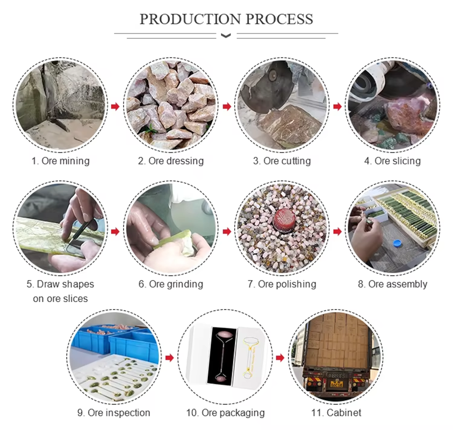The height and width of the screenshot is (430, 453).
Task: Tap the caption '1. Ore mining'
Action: (60, 161)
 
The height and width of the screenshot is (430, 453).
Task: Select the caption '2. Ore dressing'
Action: (171, 161)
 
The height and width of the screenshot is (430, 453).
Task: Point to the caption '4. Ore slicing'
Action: (390, 161)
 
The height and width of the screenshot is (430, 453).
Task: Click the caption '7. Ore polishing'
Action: (282, 284)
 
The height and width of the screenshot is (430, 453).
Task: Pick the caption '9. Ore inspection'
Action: (113, 413)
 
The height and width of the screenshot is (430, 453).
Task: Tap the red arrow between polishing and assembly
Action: (337, 232)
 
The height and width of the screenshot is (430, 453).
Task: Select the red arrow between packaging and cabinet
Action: (280, 357)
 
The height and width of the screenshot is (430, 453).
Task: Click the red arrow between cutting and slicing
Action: (337, 106)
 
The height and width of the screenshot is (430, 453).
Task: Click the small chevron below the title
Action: (226, 36)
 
